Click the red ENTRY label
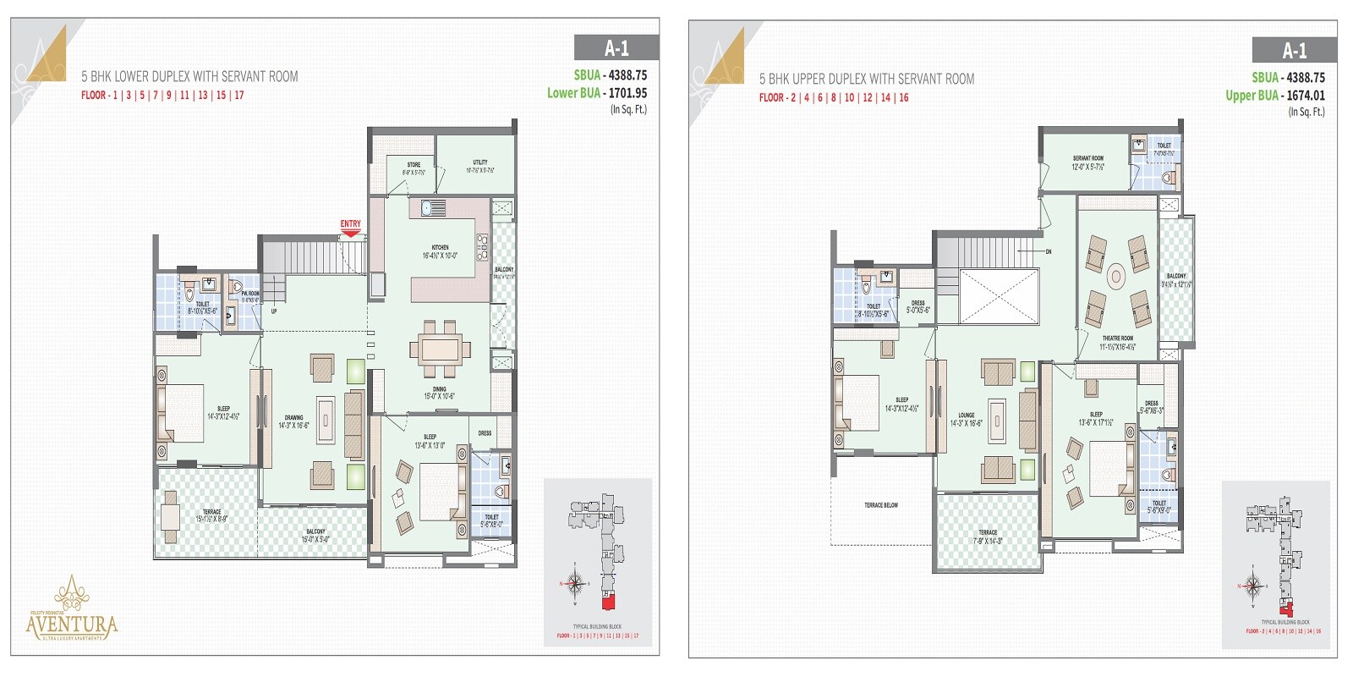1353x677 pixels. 350,224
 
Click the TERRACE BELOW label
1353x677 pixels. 881,505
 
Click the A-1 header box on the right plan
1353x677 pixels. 1294,50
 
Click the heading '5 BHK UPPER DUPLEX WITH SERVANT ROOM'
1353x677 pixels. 867,79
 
